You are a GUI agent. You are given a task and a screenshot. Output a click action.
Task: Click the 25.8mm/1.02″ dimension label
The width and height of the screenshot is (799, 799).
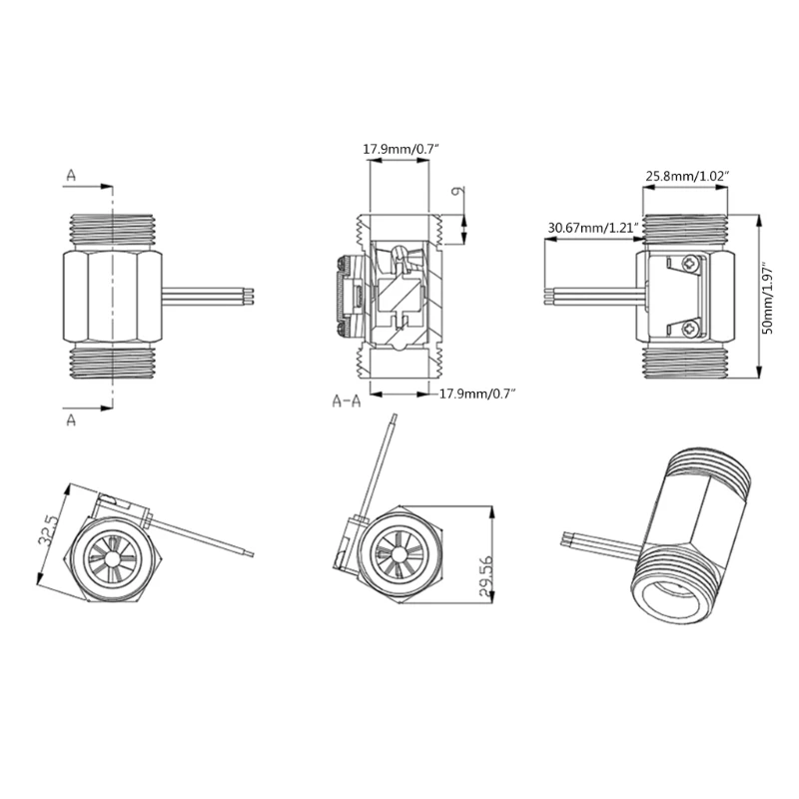(687, 177)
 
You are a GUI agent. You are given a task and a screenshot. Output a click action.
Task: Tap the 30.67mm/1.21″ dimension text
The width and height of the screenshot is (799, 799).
(593, 228)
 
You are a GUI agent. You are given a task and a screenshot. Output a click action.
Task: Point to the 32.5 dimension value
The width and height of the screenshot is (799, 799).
(48, 529)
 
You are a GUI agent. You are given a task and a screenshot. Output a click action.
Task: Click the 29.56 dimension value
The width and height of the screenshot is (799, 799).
(486, 576)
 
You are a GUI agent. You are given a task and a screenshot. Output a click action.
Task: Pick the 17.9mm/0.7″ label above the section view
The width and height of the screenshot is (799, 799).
(400, 149)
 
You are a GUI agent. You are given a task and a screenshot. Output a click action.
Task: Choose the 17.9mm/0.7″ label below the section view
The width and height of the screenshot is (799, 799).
(477, 394)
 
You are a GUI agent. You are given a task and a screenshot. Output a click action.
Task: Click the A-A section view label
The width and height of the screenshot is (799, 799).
(347, 401)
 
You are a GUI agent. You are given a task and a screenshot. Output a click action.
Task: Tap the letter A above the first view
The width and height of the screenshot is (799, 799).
(71, 176)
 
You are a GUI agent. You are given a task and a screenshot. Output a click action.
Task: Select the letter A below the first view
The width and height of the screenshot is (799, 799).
(71, 419)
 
